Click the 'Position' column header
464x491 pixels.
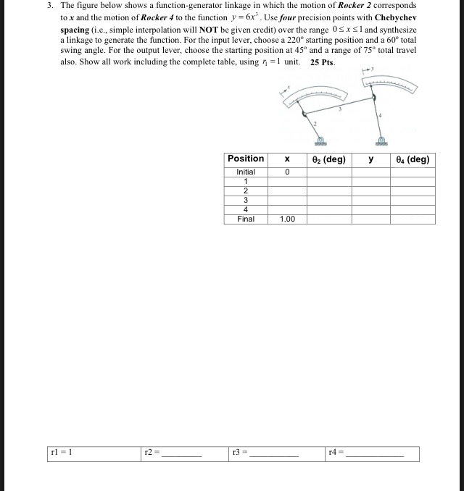pyautogui.click(x=246, y=159)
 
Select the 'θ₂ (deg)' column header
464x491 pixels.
pyautogui.click(x=328, y=159)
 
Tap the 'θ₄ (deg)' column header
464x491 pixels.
pyautogui.click(x=414, y=159)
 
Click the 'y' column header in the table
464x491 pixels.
pyautogui.click(x=370, y=159)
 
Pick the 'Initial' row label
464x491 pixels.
pyautogui.click(x=246, y=172)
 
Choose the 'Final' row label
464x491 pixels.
pyautogui.click(x=246, y=219)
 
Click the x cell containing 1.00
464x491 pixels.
pyautogui.click(x=287, y=219)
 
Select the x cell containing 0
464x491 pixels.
pyautogui.click(x=287, y=172)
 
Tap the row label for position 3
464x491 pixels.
pyautogui.click(x=246, y=201)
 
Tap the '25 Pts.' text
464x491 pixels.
pyautogui.click(x=323, y=62)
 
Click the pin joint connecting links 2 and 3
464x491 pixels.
pyautogui.click(x=302, y=112)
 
